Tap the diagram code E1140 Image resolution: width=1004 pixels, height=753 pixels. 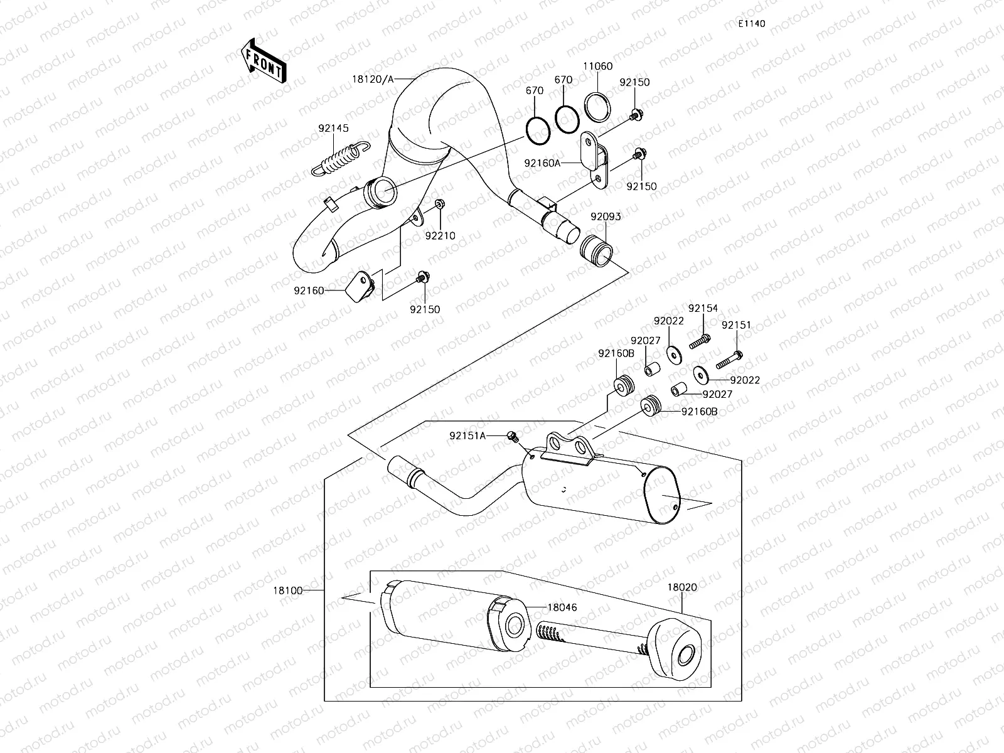pos(751,24)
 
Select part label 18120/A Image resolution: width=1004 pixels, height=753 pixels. pos(373,79)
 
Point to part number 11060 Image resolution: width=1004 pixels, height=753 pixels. pos(597,66)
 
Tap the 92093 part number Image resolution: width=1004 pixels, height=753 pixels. pos(606,216)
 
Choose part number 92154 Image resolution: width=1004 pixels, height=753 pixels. pos(703,308)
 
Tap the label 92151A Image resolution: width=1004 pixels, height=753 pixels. pos(467,435)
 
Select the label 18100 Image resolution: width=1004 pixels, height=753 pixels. pos(288,590)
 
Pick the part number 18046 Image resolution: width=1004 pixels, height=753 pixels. pos(562,607)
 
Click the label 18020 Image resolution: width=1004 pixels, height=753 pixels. pos(682,587)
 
